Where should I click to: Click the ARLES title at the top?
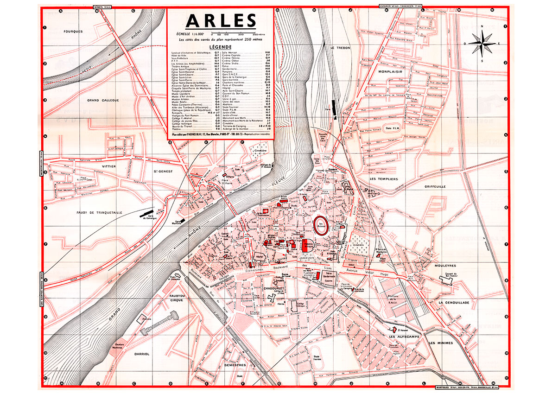(220, 21)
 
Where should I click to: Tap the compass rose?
(482, 43)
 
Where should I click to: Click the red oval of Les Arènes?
(322, 225)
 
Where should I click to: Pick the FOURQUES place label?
(74, 31)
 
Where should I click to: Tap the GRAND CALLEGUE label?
(103, 100)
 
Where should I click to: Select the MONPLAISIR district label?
(391, 72)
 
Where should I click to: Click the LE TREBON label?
(339, 48)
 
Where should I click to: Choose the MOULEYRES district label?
(446, 266)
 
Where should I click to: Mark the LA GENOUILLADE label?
(454, 302)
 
